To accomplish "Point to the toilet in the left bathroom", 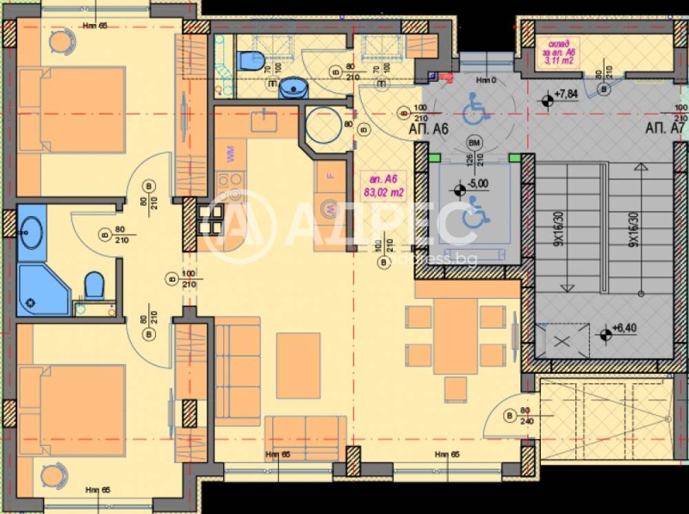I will [x=94, y=283].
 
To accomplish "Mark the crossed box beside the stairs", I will [x=562, y=339].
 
